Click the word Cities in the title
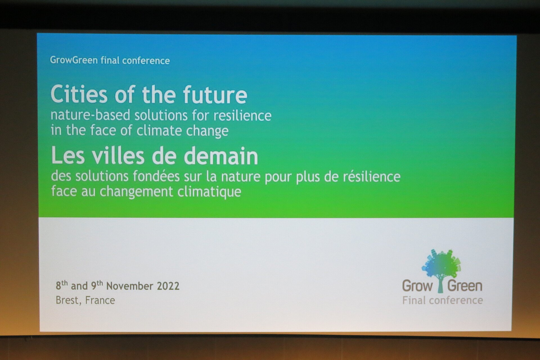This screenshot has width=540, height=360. (x=79, y=94)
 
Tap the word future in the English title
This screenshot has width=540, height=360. (x=215, y=95)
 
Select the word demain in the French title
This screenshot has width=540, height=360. (x=221, y=156)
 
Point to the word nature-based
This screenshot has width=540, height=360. (x=90, y=115)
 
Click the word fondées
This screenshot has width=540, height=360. (x=156, y=176)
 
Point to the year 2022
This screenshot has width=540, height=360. (x=168, y=286)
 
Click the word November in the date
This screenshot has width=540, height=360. (x=130, y=286)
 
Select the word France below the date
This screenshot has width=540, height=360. (x=100, y=300)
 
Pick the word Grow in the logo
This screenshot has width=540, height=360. (x=417, y=286)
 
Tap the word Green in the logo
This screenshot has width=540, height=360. (x=465, y=286)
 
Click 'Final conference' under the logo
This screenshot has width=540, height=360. (x=442, y=300)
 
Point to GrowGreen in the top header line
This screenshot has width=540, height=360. (x=74, y=60)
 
